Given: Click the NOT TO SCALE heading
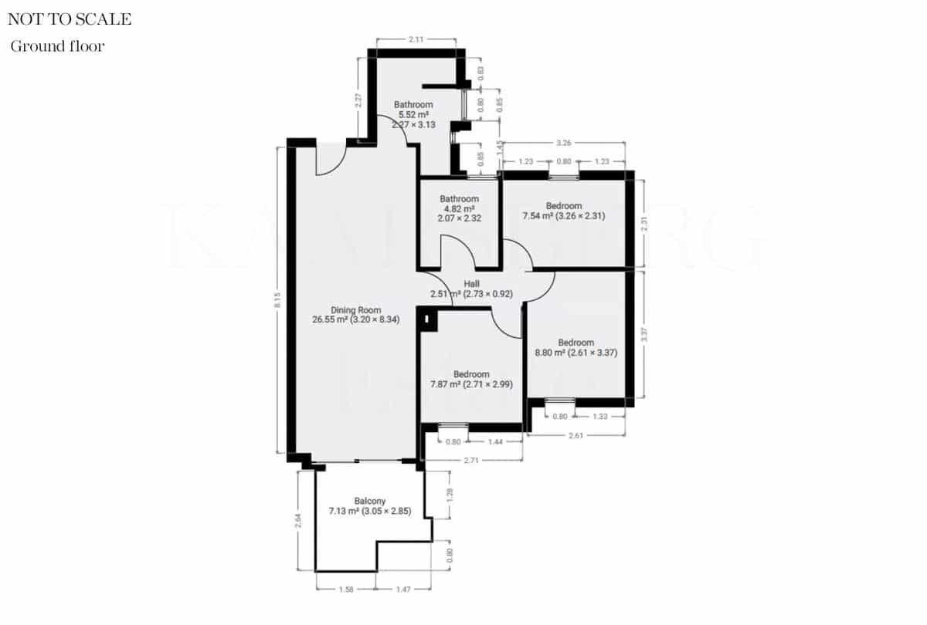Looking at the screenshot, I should point(70,20).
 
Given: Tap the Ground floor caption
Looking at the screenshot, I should point(57,46).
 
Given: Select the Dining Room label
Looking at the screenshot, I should point(356,310).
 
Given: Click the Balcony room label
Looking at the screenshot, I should point(370,501).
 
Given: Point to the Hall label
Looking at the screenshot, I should point(471,284).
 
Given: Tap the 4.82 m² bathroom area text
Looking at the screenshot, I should point(460,208).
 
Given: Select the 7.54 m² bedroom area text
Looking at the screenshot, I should point(563,216).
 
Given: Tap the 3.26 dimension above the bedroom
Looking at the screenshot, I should point(564,143).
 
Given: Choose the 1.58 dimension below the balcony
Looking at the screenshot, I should point(347,590).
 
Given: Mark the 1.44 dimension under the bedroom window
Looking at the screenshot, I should point(496,442).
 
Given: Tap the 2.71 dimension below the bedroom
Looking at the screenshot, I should point(473,461).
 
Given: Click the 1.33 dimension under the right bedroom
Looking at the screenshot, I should point(600,417).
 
